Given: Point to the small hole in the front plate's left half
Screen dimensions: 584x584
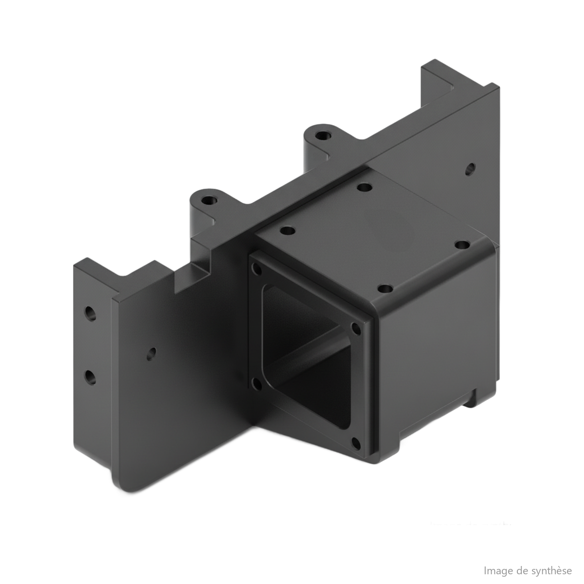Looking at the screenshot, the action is point(151,354).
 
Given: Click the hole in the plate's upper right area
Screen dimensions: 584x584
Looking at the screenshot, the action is point(470,169).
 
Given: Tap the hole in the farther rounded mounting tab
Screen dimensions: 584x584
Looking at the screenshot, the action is point(323,135).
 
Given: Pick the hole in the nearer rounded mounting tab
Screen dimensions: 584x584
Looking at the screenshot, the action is point(210,200).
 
